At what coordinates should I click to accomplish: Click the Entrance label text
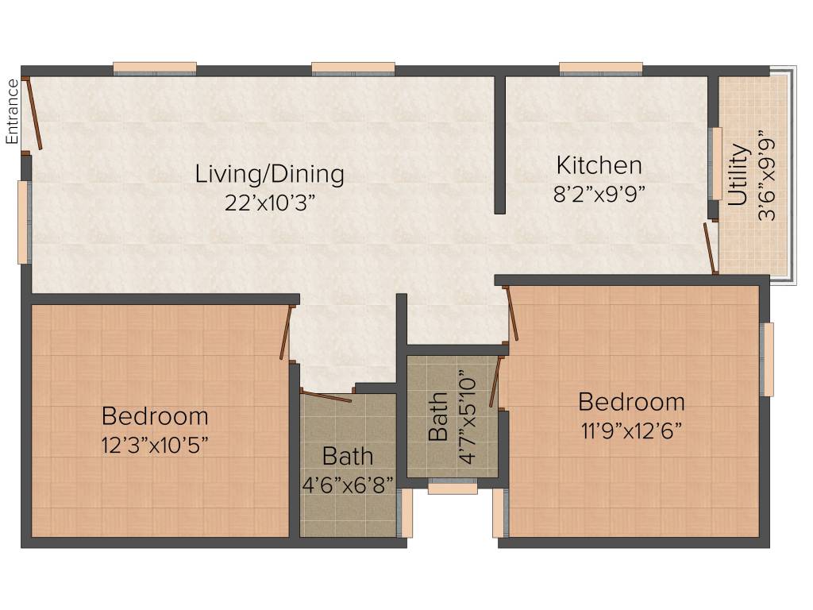[x=12, y=112]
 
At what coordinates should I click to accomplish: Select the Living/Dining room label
[x=270, y=173]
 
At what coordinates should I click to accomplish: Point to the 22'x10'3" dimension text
[x=270, y=202]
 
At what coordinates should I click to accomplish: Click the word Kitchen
[x=599, y=166]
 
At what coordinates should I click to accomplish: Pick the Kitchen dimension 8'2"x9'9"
[x=599, y=194]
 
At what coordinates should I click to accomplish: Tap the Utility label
[x=738, y=175]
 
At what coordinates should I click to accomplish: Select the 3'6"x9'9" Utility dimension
[x=766, y=176]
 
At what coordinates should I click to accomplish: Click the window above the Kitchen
[x=601, y=68]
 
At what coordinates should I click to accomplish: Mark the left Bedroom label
[x=155, y=415]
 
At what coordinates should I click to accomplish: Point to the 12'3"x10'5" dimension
[x=155, y=444]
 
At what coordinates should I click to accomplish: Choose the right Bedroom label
[x=631, y=401]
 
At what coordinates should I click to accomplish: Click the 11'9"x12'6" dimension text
[x=631, y=430]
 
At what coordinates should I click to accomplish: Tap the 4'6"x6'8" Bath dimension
[x=348, y=484]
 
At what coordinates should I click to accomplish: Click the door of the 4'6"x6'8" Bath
[x=326, y=395]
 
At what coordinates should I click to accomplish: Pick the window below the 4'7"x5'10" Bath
[x=453, y=488]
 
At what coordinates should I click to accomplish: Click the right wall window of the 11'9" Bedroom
[x=768, y=359]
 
